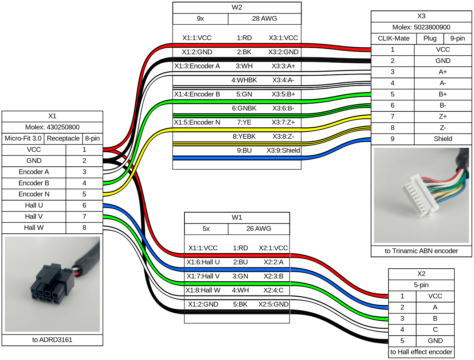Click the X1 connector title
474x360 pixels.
[52, 116]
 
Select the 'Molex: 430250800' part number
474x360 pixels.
[52, 127]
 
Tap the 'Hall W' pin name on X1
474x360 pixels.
[34, 228]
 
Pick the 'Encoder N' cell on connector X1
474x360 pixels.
[34, 194]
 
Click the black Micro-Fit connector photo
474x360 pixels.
[52, 284]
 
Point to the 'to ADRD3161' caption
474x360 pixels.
[52, 340]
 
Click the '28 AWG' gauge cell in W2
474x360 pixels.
[264, 19]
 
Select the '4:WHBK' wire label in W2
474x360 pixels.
[244, 80]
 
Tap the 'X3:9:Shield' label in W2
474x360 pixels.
[283, 150]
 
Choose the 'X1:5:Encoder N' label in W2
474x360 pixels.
[197, 122]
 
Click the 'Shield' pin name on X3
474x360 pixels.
[443, 139]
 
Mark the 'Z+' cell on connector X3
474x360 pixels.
[443, 116]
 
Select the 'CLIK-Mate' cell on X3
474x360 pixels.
[394, 38]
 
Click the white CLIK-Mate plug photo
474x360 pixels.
[421, 195]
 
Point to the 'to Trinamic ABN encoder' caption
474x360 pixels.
[421, 251]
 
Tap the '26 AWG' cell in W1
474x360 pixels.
[259, 229]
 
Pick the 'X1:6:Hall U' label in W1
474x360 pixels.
[203, 262]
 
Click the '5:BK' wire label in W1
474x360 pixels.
[240, 304]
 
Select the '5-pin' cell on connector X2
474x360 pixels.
[421, 285]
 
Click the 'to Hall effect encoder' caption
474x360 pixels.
[421, 352]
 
